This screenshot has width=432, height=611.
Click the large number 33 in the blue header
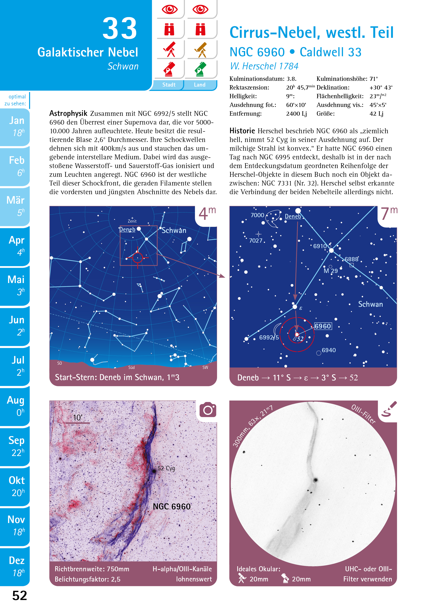(x=120, y=28)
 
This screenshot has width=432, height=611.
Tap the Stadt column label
(x=169, y=85)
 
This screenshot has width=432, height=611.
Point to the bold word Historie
(x=242, y=131)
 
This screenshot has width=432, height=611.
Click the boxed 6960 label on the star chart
(x=323, y=326)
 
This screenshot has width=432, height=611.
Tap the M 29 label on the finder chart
(x=331, y=271)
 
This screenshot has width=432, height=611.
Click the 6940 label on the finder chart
(x=329, y=350)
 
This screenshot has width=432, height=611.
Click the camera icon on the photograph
(x=208, y=410)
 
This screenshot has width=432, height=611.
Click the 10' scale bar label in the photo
(x=78, y=417)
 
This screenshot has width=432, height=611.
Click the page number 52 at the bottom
(x=20, y=595)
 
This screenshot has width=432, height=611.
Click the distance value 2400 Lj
(x=296, y=114)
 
